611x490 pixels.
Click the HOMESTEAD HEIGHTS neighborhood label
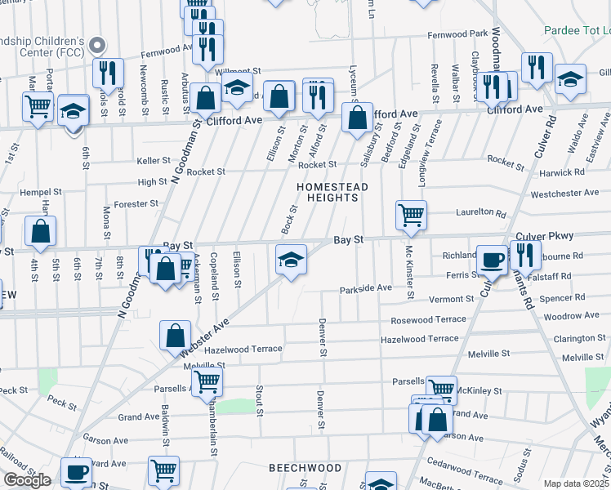pos(332,193)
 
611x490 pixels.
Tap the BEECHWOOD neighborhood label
pos(305,468)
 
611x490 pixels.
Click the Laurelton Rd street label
pos(478,212)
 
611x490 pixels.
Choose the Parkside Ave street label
pos(366,288)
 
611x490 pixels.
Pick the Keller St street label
pos(153,161)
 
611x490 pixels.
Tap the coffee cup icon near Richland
pos(492,259)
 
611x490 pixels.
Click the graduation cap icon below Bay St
pos(291,260)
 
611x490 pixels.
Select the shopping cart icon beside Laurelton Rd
pos(411,216)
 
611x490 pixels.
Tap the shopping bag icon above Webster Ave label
pos(176,335)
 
